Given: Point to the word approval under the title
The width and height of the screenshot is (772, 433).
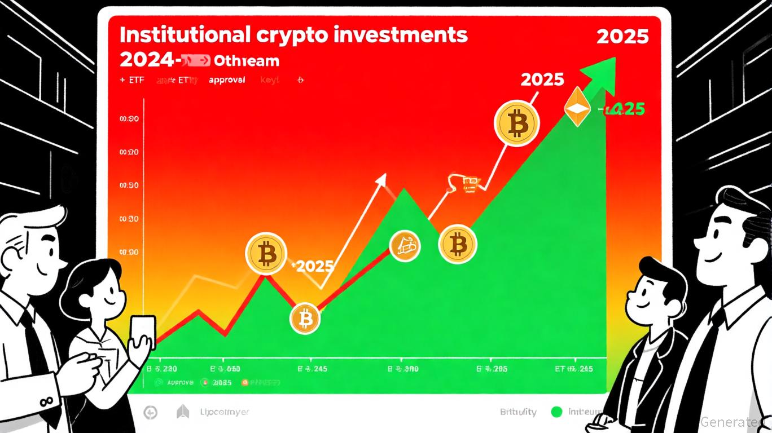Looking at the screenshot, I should (x=227, y=80).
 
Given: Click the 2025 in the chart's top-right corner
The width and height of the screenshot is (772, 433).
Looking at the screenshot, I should (x=622, y=37).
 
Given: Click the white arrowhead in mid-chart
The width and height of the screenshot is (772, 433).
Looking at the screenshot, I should (x=381, y=180).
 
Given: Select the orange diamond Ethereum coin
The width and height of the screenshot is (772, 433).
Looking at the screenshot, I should (x=577, y=108).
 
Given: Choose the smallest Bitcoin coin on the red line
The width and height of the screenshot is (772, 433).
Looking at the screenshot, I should (x=305, y=319).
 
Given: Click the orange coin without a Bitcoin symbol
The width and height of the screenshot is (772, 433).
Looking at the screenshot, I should (x=406, y=246).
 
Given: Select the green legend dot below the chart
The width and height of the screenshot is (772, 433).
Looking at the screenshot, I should (x=557, y=412).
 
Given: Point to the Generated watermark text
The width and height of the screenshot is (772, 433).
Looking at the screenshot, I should (x=735, y=422).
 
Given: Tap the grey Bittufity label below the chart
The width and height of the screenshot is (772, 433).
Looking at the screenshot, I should (x=518, y=412).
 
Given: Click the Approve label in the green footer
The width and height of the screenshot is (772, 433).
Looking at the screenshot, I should (x=180, y=382).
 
